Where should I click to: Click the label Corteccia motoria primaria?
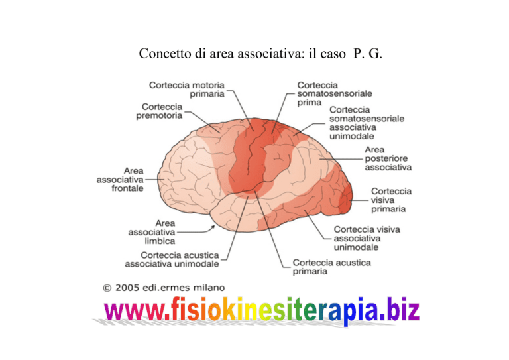187,90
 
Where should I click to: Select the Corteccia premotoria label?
159,111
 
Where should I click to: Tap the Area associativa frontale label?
120,180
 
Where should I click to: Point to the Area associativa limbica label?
152,232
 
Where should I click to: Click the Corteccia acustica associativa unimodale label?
172,259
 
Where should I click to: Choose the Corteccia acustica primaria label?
331,267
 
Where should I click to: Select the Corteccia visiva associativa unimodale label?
367,238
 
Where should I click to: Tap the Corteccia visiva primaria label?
391,200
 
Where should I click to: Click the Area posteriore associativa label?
388,158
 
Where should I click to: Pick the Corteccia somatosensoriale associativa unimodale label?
367,123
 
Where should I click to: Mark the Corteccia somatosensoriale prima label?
334,93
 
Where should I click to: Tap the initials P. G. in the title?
367,54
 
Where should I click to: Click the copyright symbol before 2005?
107,288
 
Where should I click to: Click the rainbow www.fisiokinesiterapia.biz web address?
262,310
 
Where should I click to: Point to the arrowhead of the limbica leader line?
213,227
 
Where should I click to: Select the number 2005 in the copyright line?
127,288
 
